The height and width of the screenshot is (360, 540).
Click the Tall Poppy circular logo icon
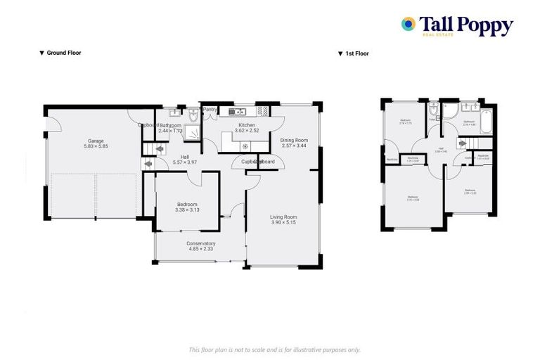408,25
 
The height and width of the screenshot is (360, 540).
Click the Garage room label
91,140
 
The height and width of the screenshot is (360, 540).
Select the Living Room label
283,217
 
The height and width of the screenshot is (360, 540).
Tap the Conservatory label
201,243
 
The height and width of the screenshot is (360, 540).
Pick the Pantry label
210,110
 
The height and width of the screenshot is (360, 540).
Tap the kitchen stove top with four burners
264,110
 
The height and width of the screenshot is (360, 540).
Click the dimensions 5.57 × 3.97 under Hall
185,162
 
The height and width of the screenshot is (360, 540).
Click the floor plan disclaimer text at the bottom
275,349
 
